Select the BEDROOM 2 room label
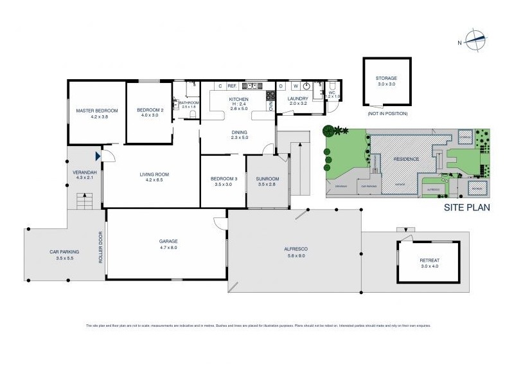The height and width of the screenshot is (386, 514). (x=150, y=111)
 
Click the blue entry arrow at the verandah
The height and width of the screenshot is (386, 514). (x=98, y=156)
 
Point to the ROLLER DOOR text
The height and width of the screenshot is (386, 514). (x=100, y=247)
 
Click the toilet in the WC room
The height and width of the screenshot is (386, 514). (x=332, y=87)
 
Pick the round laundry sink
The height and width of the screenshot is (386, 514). (x=307, y=86)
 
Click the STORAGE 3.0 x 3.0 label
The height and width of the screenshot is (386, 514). (x=386, y=81)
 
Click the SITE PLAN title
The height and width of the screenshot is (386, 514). (x=467, y=207)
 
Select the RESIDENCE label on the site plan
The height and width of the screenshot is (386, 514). (x=406, y=159)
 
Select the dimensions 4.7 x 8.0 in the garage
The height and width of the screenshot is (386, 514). (x=168, y=247)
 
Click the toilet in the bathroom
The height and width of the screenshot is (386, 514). (x=192, y=87)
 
